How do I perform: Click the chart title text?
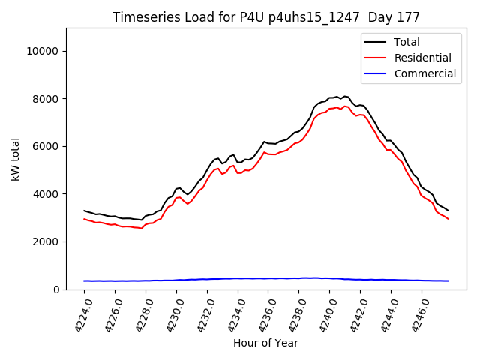[x=266, y=17]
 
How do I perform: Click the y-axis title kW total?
[x=15, y=159]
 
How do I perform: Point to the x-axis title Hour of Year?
[x=265, y=343]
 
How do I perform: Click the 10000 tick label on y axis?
[x=44, y=51]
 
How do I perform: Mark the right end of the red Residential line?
[x=448, y=219]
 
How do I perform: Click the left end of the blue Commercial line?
[x=84, y=280]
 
